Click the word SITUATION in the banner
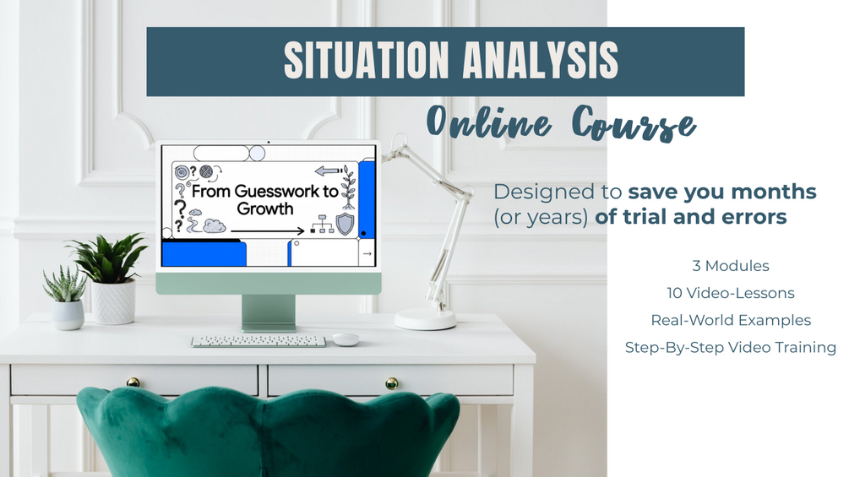coord(366,60)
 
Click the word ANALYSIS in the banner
coord(541,60)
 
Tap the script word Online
coord(489,121)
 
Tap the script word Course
coord(634,123)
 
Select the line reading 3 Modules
coord(731,266)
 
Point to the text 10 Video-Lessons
coord(731,293)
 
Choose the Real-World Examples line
coord(731,320)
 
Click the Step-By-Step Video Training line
coord(731,347)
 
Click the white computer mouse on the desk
coord(346,339)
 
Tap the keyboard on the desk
coord(259,341)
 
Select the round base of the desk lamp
coord(425,319)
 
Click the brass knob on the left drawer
coord(133,382)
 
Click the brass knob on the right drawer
coord(391,383)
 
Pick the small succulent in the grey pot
coord(66,297)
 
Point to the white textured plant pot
coord(113,301)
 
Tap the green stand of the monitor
coord(269,312)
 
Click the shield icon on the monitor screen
coord(345,224)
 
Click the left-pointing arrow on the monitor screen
coord(328,171)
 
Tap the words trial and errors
coord(690,217)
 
